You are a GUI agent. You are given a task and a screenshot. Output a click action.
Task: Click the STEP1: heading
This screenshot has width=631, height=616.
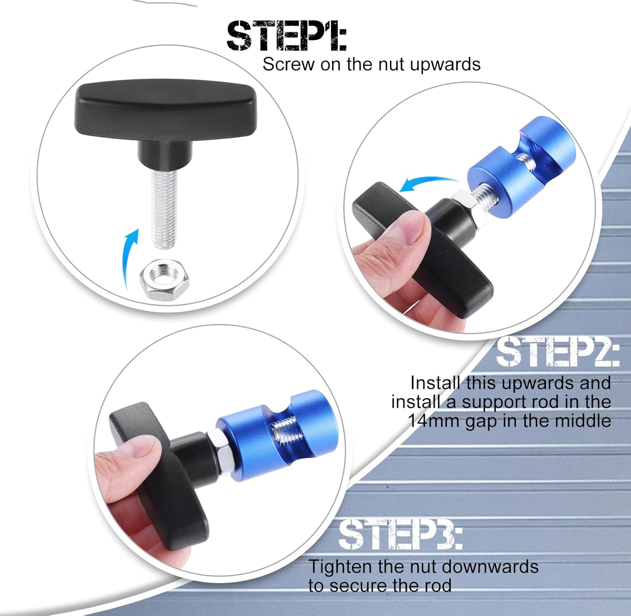[x=286, y=36]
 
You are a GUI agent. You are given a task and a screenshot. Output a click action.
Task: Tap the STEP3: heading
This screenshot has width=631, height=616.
[x=400, y=534]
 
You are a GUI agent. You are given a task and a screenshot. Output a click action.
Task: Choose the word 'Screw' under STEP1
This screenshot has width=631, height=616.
[x=289, y=64]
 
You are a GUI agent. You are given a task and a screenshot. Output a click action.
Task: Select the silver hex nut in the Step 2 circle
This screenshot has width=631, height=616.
[x=466, y=205]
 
